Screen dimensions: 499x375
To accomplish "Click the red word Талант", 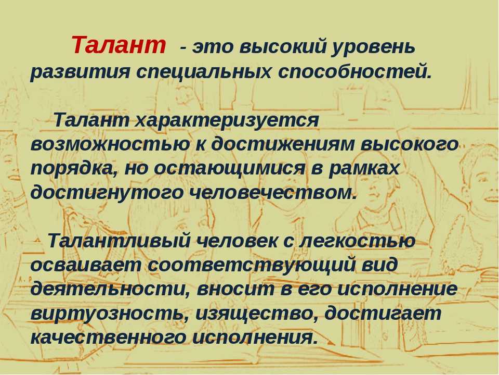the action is (119, 45).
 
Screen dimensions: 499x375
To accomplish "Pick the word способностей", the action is (354, 71).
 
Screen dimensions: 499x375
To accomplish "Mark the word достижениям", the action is (283, 144).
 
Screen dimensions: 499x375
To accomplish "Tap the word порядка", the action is (73, 168).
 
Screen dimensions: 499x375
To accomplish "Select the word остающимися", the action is (229, 168).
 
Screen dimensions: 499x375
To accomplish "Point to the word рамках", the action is (363, 169).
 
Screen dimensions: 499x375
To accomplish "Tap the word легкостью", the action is (357, 241).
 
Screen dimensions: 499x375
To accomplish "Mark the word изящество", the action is (257, 314).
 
